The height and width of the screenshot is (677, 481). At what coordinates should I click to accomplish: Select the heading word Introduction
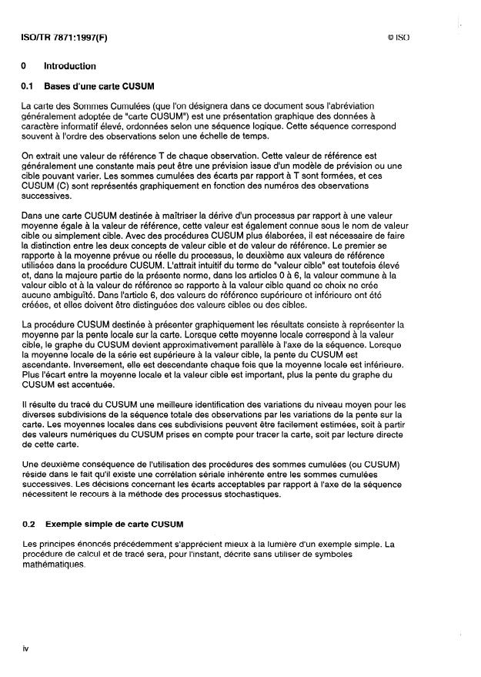point(70,66)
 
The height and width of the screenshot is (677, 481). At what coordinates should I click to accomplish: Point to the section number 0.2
point(28,524)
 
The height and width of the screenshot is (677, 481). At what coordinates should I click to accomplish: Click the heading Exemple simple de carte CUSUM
point(114,524)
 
